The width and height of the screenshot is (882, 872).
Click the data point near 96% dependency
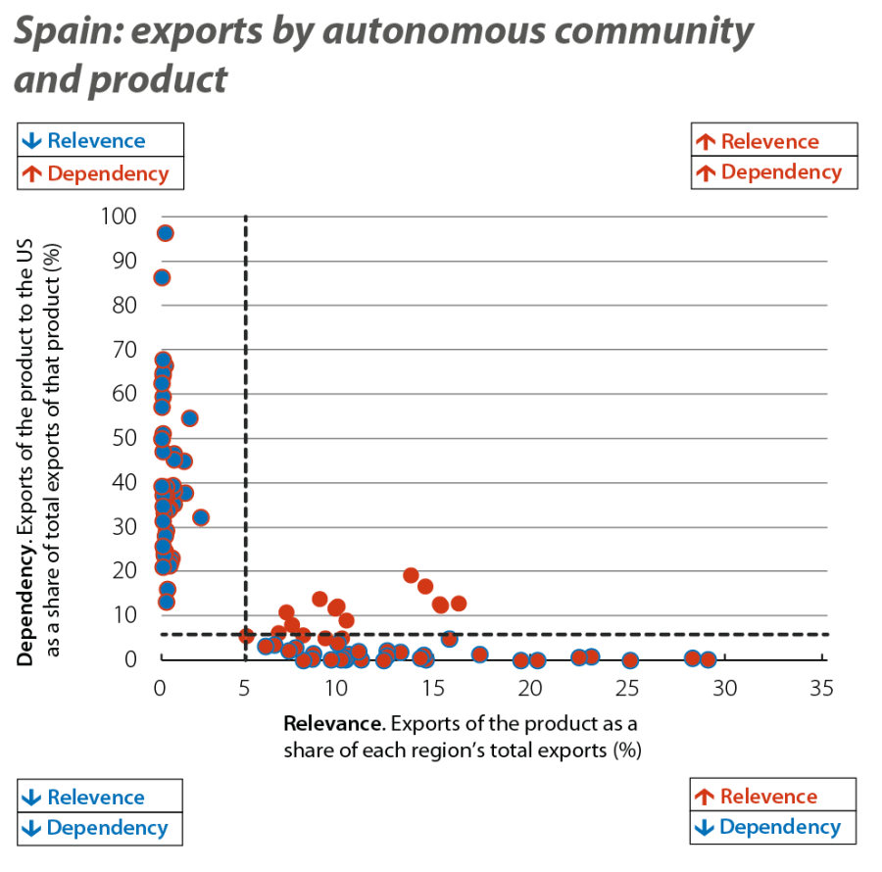(165, 233)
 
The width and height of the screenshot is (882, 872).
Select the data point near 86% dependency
(162, 278)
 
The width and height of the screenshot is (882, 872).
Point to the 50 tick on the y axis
(124, 438)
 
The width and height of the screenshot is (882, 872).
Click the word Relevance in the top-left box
(96, 141)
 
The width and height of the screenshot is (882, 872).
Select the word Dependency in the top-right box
(782, 173)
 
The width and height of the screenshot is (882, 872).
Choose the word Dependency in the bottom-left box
(107, 827)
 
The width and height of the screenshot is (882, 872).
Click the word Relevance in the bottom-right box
(768, 796)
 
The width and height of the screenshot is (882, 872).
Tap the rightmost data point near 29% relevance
(708, 659)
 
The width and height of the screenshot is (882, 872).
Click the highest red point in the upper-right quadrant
(411, 575)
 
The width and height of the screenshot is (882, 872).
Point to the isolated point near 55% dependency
(190, 418)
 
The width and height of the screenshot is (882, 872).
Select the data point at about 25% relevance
(629, 660)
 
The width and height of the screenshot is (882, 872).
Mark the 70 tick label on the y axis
(124, 350)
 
